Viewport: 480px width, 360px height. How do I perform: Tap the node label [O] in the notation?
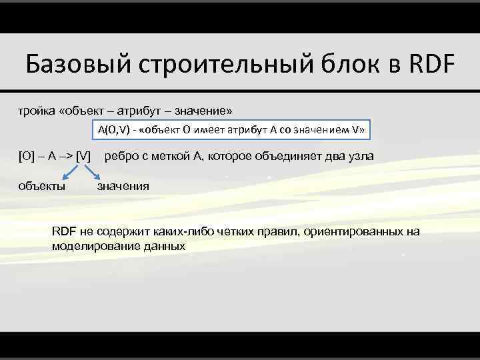25,157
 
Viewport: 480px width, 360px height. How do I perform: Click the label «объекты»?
41,187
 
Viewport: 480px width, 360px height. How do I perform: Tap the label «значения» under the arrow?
123,187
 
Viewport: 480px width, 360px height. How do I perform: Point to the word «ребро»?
121,157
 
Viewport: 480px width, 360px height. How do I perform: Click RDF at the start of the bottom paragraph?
64,231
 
